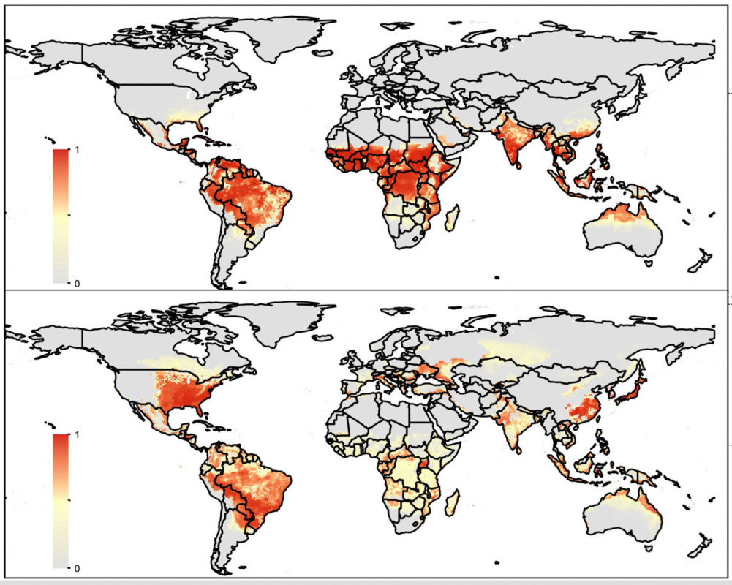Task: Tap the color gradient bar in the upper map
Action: [61, 216]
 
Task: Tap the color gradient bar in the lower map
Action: [61, 501]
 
